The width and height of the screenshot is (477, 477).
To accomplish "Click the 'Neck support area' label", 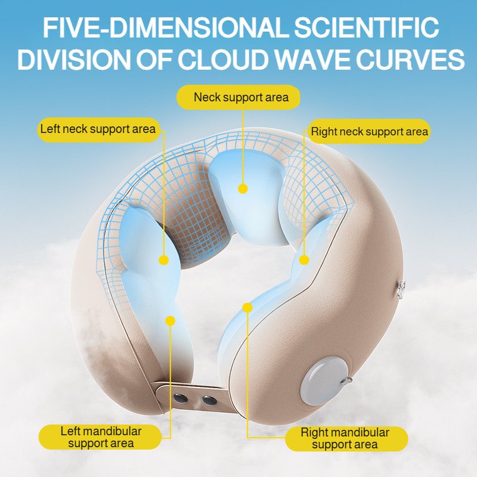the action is coord(238,97).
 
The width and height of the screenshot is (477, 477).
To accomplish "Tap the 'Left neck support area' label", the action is coord(98,129).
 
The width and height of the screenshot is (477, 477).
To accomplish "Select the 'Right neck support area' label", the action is coord(369,131).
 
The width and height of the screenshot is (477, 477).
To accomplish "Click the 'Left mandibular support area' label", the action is coord(100,437).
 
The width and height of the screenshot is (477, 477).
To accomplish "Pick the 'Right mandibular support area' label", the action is coord(346,439).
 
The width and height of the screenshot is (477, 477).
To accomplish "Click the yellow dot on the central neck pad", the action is coord(243,188).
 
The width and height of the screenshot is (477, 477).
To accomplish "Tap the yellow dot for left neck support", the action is coord(163,260).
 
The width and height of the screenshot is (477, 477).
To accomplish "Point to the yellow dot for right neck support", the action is coord(304,260).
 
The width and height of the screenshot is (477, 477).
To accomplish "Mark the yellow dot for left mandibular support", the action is coord(171,321).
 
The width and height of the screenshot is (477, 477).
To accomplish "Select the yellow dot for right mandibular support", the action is coord(247,308).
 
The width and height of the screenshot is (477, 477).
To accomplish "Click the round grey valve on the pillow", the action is coord(324,381).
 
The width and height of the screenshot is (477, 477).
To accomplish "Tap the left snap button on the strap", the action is coord(181,398).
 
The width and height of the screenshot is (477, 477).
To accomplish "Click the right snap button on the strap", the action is coord(210,401).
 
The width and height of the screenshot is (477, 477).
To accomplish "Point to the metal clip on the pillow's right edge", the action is coord(401,289).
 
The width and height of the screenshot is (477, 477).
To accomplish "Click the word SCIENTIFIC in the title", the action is coord(367,27).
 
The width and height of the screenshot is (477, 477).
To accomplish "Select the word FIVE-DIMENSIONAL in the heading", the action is coord(165,27).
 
